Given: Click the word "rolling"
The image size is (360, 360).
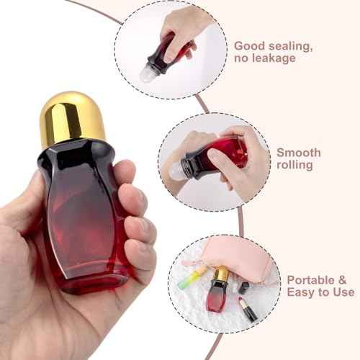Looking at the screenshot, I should point(294,165).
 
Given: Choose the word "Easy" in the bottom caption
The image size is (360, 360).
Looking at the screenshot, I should point(303,292).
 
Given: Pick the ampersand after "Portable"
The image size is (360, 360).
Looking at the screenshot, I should point(343,279).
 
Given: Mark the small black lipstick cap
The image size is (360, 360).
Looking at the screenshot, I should point(244,287).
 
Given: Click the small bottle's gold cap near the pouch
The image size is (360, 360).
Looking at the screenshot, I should point(221,274).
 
